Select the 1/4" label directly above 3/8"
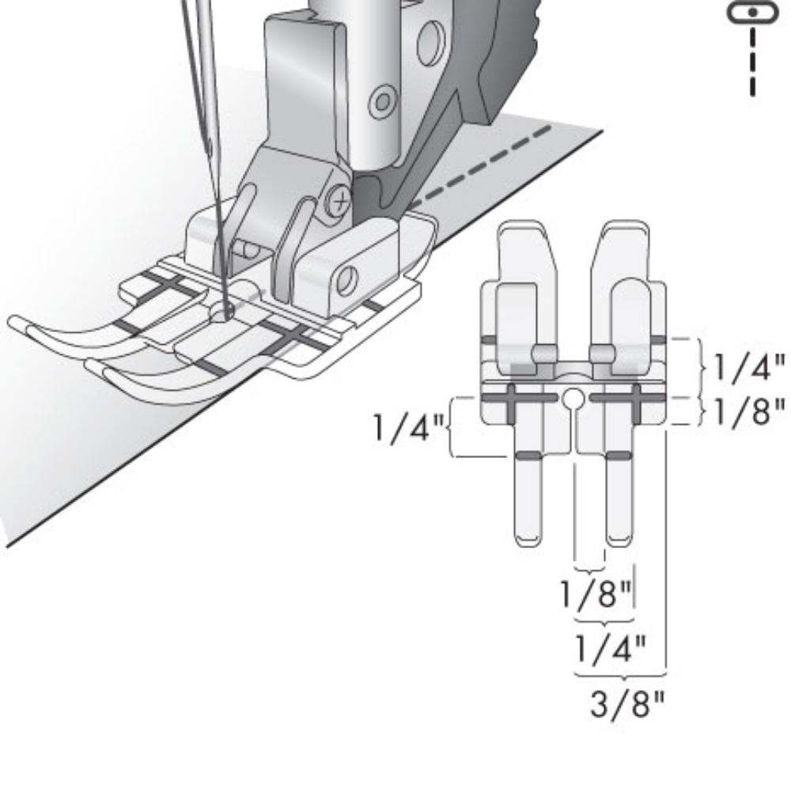(x=609, y=649)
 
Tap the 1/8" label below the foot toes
(x=596, y=594)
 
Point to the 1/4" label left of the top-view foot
(x=409, y=428)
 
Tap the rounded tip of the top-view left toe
(x=528, y=541)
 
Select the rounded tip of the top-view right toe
(x=619, y=541)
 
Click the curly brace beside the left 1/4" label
(x=452, y=428)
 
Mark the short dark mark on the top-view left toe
(x=528, y=456)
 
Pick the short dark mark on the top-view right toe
(x=619, y=456)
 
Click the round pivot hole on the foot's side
(x=346, y=278)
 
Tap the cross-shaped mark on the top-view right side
(x=638, y=396)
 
